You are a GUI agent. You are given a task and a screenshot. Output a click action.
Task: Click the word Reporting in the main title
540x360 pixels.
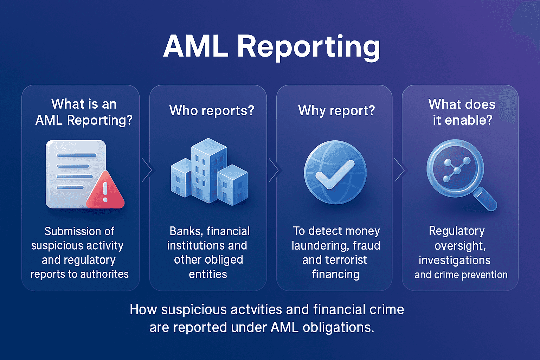pyautogui.click(x=309, y=47)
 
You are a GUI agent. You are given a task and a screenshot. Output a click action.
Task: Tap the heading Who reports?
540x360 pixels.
pyautogui.click(x=212, y=111)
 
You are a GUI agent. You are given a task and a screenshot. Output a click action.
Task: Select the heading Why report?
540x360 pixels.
pyautogui.click(x=336, y=111)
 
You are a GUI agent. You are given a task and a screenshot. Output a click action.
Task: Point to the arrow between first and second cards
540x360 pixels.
pyautogui.click(x=147, y=170)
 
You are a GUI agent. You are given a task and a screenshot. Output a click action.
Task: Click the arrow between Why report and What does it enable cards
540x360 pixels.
pyautogui.click(x=400, y=170)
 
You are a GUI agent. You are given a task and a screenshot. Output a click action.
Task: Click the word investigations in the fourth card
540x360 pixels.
pyautogui.click(x=454, y=260)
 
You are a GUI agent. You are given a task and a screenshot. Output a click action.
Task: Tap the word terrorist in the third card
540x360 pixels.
pyautogui.click(x=346, y=260)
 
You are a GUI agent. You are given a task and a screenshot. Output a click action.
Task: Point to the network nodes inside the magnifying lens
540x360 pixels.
pyautogui.click(x=456, y=170)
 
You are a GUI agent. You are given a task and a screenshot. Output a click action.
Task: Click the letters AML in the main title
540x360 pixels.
pyautogui.click(x=196, y=47)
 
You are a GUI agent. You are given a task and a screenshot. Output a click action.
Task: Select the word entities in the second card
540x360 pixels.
pyautogui.click(x=208, y=274)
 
